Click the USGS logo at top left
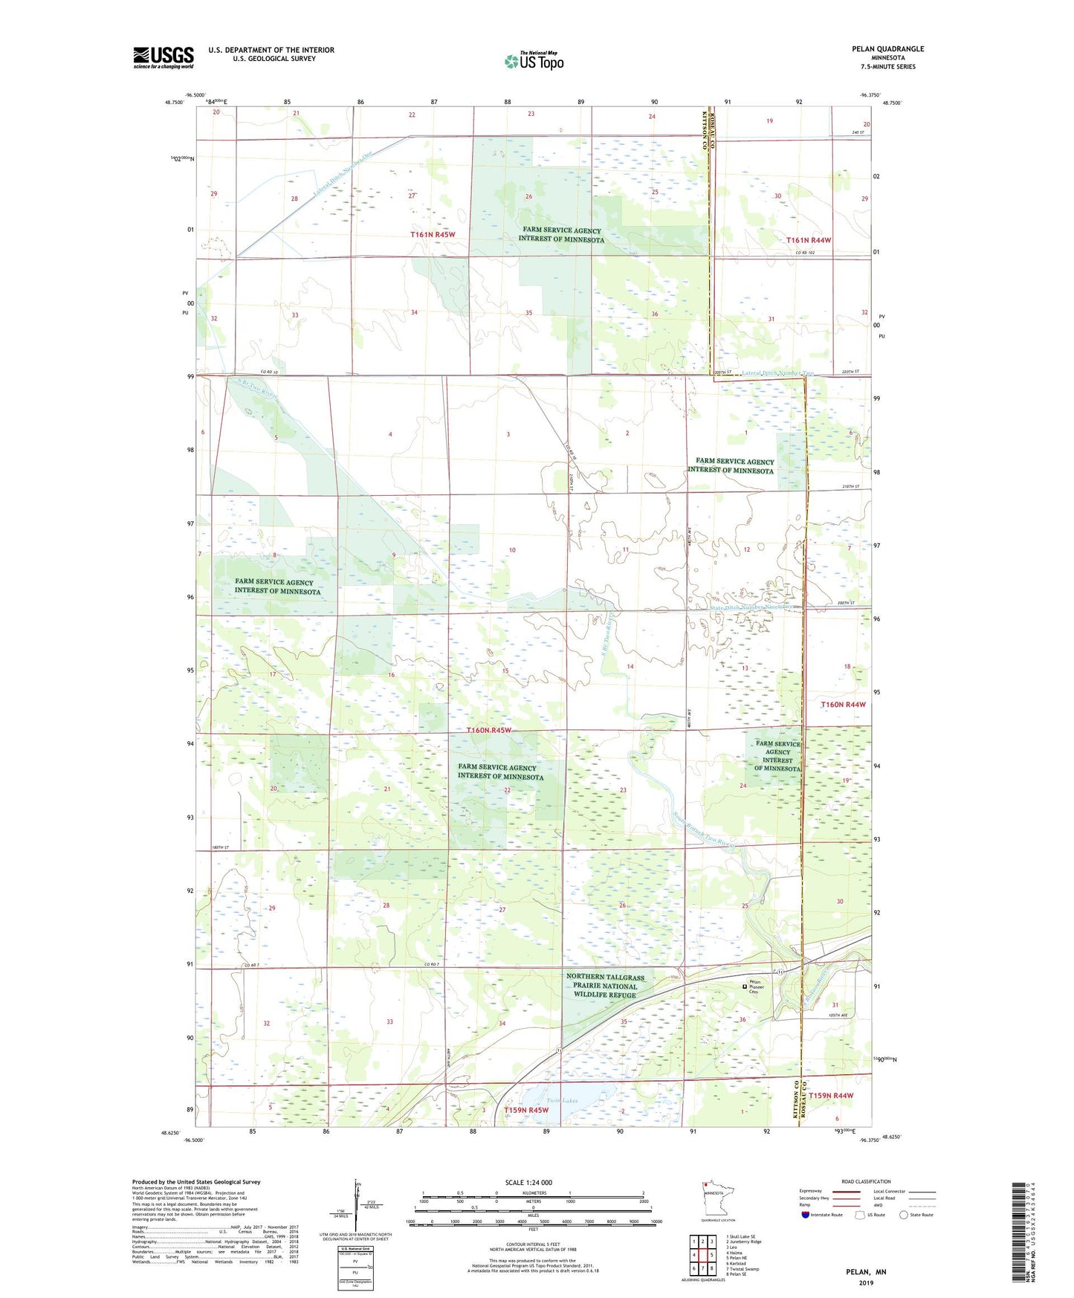tap(164, 57)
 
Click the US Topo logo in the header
tap(534, 61)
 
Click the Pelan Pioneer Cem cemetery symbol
tap(745, 987)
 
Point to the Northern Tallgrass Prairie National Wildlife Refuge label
tap(605, 986)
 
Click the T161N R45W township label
tap(432, 234)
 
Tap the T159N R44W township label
tap(830, 1096)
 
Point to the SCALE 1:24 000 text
tap(528, 1182)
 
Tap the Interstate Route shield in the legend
tap(806, 1215)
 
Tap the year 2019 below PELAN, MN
tap(866, 1283)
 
